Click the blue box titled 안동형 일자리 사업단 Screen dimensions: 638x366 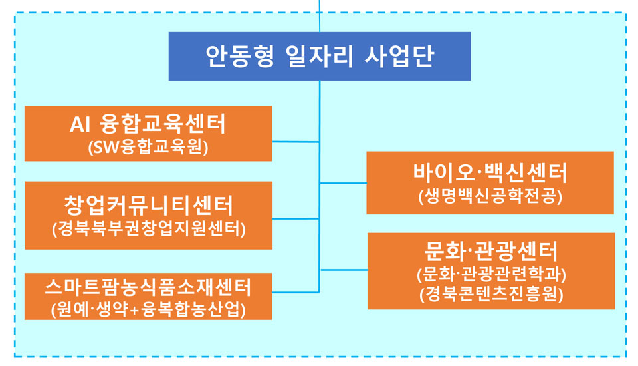[x=320, y=57]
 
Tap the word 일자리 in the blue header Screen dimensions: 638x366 [x=320, y=57]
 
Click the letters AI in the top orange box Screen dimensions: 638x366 [x=79, y=124]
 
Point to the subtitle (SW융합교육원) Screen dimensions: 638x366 [x=148, y=147]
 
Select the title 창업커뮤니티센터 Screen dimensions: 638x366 [x=148, y=205]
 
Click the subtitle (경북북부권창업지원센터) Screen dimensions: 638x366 [x=148, y=229]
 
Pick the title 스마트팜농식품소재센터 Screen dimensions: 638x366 [x=148, y=287]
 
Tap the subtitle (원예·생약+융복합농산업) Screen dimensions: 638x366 [x=148, y=309]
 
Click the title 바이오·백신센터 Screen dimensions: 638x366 [x=490, y=172]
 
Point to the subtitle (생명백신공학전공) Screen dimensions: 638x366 [x=490, y=196]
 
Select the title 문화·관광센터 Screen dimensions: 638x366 [x=490, y=251]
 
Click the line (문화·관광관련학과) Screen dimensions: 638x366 [x=491, y=274]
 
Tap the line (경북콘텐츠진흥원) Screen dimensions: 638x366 [x=491, y=294]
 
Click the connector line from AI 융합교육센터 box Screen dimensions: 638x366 [x=295, y=142]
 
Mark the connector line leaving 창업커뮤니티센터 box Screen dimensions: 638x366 [x=295, y=218]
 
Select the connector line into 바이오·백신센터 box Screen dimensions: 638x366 [x=343, y=183]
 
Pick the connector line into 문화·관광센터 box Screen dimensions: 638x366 [x=344, y=270]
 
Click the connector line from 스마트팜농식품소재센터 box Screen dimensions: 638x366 [x=295, y=292]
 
